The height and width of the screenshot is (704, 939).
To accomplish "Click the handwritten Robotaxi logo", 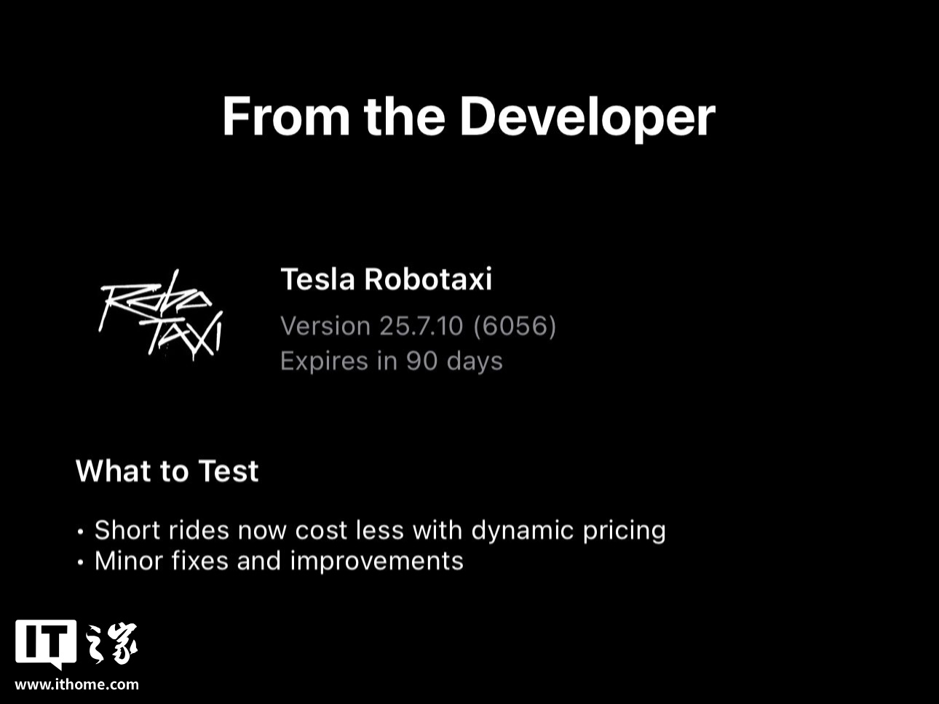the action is [161, 314].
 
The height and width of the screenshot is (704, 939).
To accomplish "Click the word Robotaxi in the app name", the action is [428, 279].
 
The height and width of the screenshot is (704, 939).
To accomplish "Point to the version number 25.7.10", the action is [421, 326].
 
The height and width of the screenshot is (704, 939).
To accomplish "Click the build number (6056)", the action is [515, 326].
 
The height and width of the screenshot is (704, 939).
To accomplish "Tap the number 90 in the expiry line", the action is [421, 361].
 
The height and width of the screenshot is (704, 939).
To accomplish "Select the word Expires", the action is [324, 361].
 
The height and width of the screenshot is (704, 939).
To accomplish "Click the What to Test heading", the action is [167, 471].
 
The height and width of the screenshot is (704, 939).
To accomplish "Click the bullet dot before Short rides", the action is [80, 532].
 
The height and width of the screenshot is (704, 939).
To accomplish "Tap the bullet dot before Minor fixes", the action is [80, 562].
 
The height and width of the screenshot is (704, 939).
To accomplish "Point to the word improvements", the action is [377, 561].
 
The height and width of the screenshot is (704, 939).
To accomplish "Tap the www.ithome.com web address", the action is [77, 684].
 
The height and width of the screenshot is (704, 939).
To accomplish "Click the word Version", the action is [325, 326].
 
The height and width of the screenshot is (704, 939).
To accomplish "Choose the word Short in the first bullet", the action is [127, 530].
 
